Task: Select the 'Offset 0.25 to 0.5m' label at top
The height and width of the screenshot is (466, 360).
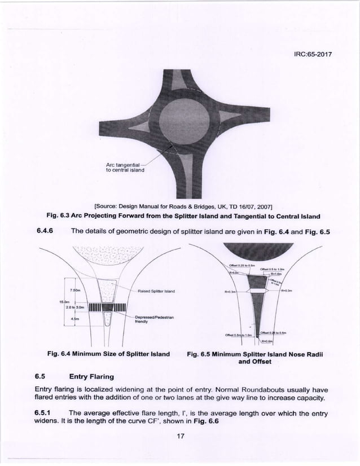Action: (x=244, y=265)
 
